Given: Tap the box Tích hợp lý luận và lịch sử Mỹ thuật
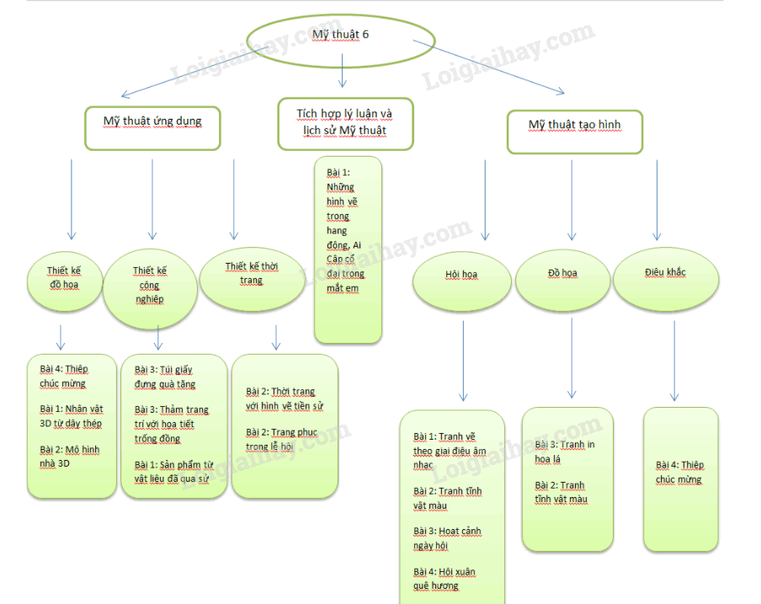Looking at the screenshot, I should coord(345,123).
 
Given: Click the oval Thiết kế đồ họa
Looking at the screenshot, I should coord(63,277).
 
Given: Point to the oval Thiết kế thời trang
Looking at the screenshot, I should coord(252,274).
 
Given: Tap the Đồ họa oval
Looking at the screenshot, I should coord(562,275).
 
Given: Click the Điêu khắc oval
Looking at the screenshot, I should coord(665,273).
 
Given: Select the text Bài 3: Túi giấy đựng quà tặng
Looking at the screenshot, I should coord(165,377).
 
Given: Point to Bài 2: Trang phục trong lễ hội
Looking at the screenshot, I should coord(282,440).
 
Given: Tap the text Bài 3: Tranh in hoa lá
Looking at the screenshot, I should coord(565,452).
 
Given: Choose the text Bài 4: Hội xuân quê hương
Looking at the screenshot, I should coord(444,579).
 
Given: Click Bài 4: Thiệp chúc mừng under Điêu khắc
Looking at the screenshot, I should coord(679,472).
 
